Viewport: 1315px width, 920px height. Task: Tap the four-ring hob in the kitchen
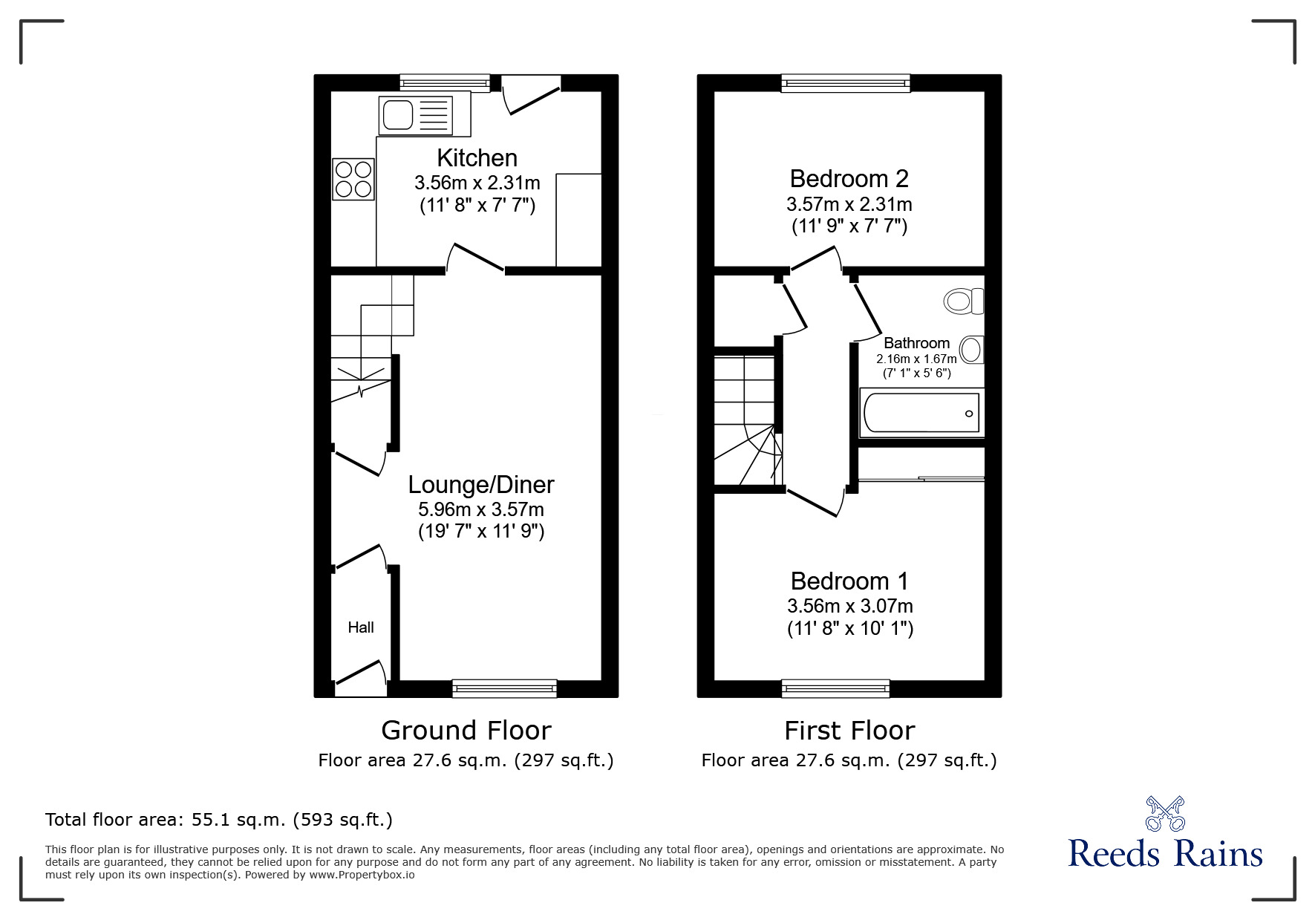click(x=353, y=180)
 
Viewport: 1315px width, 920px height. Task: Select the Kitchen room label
click(x=477, y=157)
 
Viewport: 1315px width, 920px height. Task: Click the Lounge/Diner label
click(x=481, y=485)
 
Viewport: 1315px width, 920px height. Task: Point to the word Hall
click(x=361, y=627)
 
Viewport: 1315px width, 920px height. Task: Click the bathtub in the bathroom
click(x=921, y=413)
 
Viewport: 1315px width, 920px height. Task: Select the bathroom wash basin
click(x=972, y=349)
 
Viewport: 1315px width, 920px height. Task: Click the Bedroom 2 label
click(x=849, y=178)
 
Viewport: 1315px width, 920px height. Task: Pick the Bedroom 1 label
click(x=849, y=581)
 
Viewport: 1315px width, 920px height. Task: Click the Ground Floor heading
click(x=466, y=731)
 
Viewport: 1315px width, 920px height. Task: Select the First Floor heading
click(x=849, y=731)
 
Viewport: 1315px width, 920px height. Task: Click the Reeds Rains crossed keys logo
click(x=1165, y=813)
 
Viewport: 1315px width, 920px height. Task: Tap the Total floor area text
click(x=219, y=820)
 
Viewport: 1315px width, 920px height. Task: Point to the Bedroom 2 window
click(x=846, y=82)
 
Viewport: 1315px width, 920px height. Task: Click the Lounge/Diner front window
click(x=505, y=689)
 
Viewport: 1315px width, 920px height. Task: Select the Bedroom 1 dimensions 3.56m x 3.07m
click(x=850, y=606)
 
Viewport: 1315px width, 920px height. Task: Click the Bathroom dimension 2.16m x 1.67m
click(x=916, y=359)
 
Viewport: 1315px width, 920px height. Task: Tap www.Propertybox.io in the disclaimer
click(x=362, y=875)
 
